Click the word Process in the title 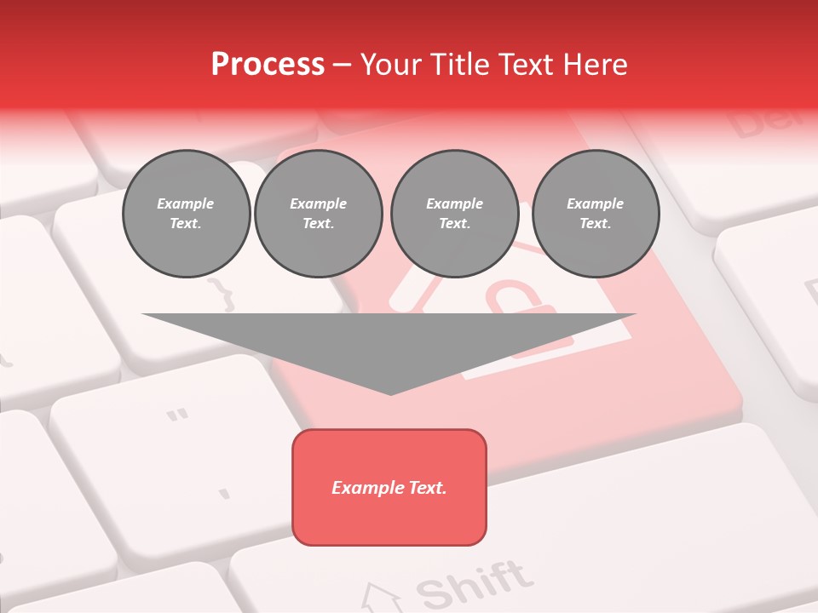(268, 65)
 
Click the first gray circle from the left (186, 214)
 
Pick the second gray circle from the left (318, 214)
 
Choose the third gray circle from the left (454, 214)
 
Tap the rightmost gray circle (595, 214)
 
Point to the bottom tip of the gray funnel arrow (390, 393)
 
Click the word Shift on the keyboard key (474, 586)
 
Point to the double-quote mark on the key (177, 416)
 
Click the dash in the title (342, 65)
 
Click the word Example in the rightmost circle (595, 203)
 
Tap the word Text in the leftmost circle (186, 224)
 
